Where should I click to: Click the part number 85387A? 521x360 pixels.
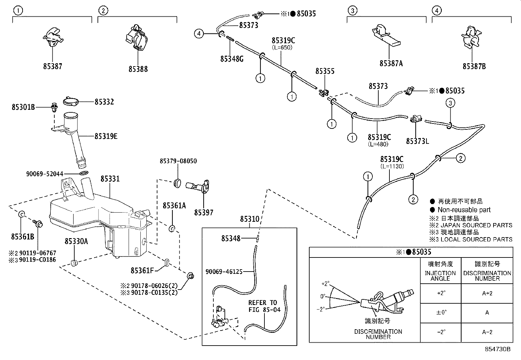tap(391, 63)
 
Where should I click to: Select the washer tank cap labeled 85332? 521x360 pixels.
tap(71, 102)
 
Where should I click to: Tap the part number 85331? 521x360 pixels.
tap(110, 179)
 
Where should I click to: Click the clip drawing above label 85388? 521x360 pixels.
tap(137, 37)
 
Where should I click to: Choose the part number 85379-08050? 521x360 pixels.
tap(178, 161)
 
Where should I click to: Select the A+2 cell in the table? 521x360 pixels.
tap(487, 294)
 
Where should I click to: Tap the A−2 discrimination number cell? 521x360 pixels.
tap(487, 332)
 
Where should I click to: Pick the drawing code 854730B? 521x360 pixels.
tap(497, 349)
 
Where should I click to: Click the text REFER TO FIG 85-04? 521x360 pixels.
tap(264, 306)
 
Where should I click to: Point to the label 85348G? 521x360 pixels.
tap(232, 59)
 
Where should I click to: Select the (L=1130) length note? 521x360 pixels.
tap(392, 166)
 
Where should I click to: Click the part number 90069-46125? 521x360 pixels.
tap(224, 272)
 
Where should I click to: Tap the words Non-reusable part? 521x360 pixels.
tap(464, 210)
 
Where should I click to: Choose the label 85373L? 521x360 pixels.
tap(418, 141)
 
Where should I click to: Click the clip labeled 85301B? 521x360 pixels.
tap(54, 107)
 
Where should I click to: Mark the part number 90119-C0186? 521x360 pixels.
tap(37, 260)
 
